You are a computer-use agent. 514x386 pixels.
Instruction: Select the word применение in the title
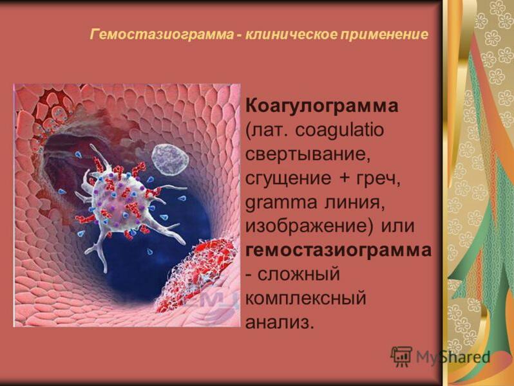point(377,33)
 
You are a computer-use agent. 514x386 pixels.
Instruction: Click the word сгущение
point(285,178)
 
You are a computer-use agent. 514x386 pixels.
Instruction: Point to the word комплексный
point(306,299)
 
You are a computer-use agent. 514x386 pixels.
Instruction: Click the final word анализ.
point(280,322)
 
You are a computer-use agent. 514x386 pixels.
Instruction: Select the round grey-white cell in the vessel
point(169,160)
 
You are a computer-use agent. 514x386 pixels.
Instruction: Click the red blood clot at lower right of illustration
point(196,270)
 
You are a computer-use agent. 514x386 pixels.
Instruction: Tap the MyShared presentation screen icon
point(401,356)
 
